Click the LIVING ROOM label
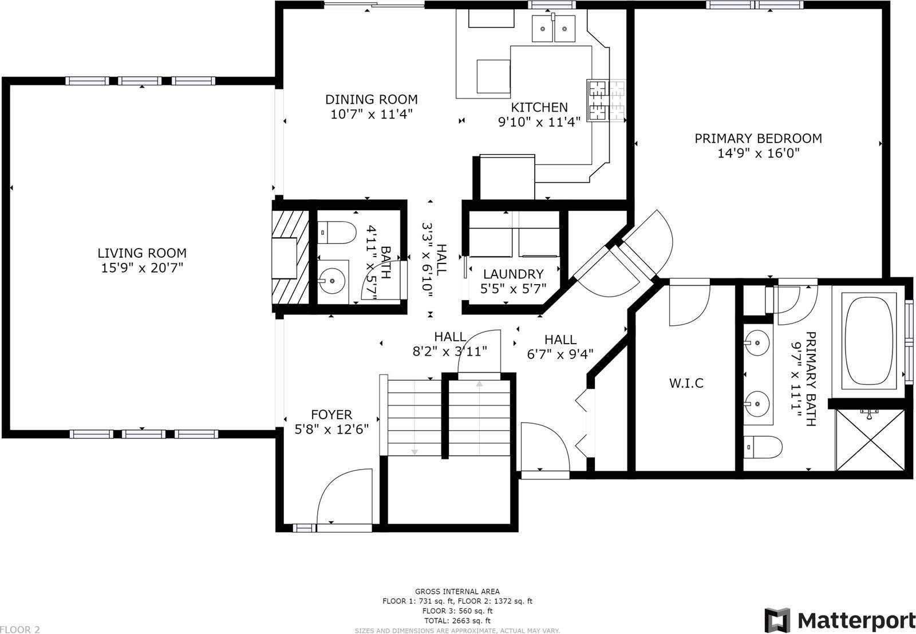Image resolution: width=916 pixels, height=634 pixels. point(142,253)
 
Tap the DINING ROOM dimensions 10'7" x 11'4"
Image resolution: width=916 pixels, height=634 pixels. point(372,114)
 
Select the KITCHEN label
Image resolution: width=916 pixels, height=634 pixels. point(539,107)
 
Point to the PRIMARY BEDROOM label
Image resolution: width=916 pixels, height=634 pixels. point(758,138)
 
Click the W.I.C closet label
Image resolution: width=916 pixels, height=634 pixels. point(686,383)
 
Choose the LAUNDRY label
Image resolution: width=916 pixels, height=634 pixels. point(513,274)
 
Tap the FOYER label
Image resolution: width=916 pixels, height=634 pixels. point(331,414)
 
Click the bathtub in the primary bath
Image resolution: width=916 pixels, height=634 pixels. point(868,341)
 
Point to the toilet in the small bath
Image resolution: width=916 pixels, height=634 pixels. point(337,233)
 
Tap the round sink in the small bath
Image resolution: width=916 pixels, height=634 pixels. point(331,281)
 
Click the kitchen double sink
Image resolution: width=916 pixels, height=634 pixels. point(554,29)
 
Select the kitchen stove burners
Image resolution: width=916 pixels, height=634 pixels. point(598,100)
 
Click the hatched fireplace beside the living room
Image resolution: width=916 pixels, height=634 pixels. point(291,258)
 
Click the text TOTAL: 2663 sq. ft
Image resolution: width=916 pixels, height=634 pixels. point(457,620)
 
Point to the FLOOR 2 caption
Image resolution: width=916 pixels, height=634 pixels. point(20,629)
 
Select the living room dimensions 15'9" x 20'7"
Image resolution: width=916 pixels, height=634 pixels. point(142,268)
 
